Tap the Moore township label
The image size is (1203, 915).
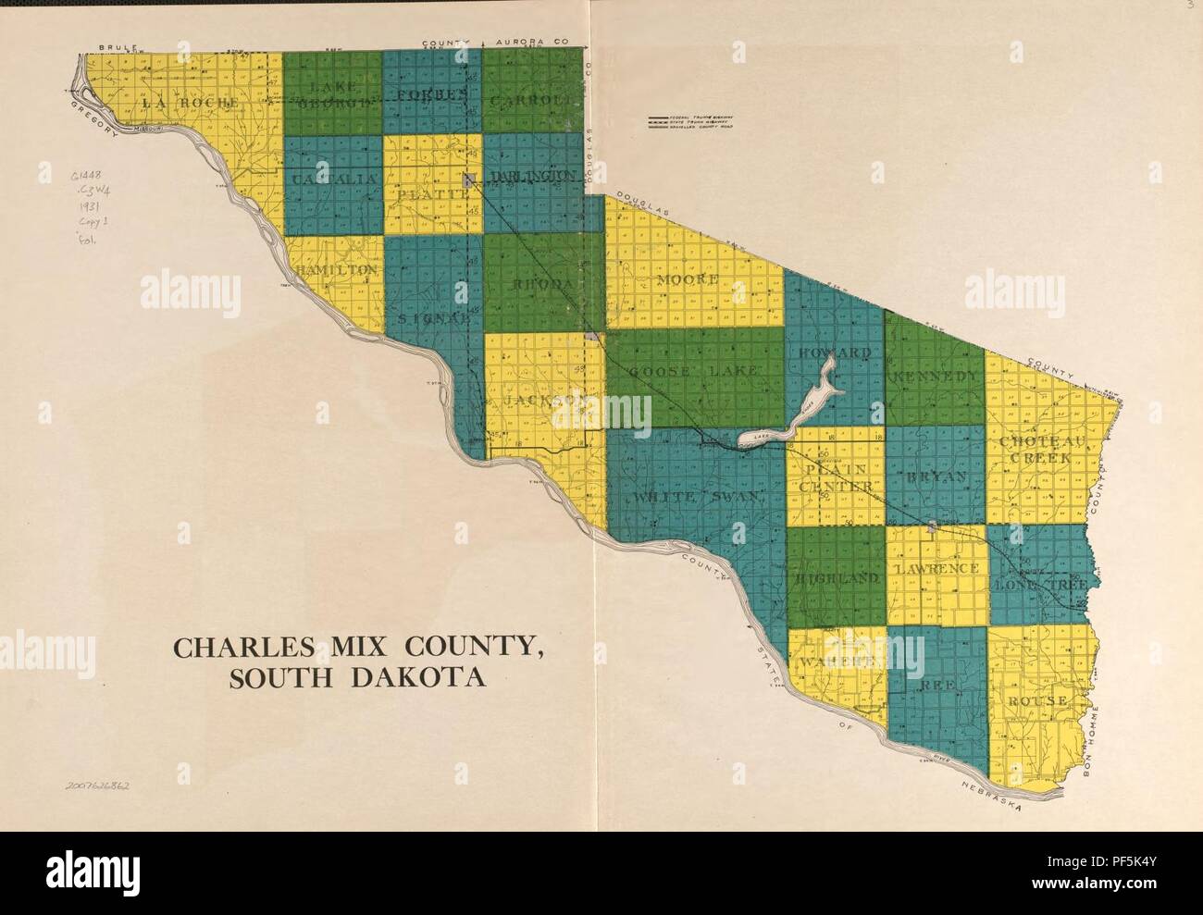[x=688, y=278]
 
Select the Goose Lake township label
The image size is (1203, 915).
[x=693, y=371]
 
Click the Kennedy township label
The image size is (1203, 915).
[x=934, y=377]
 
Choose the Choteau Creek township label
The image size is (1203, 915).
[x=1035, y=450]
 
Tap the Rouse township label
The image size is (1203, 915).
[x=1037, y=699]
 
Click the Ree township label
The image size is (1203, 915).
[x=936, y=686]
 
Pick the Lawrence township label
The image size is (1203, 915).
[x=936, y=568]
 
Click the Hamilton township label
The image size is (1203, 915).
[x=338, y=268]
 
